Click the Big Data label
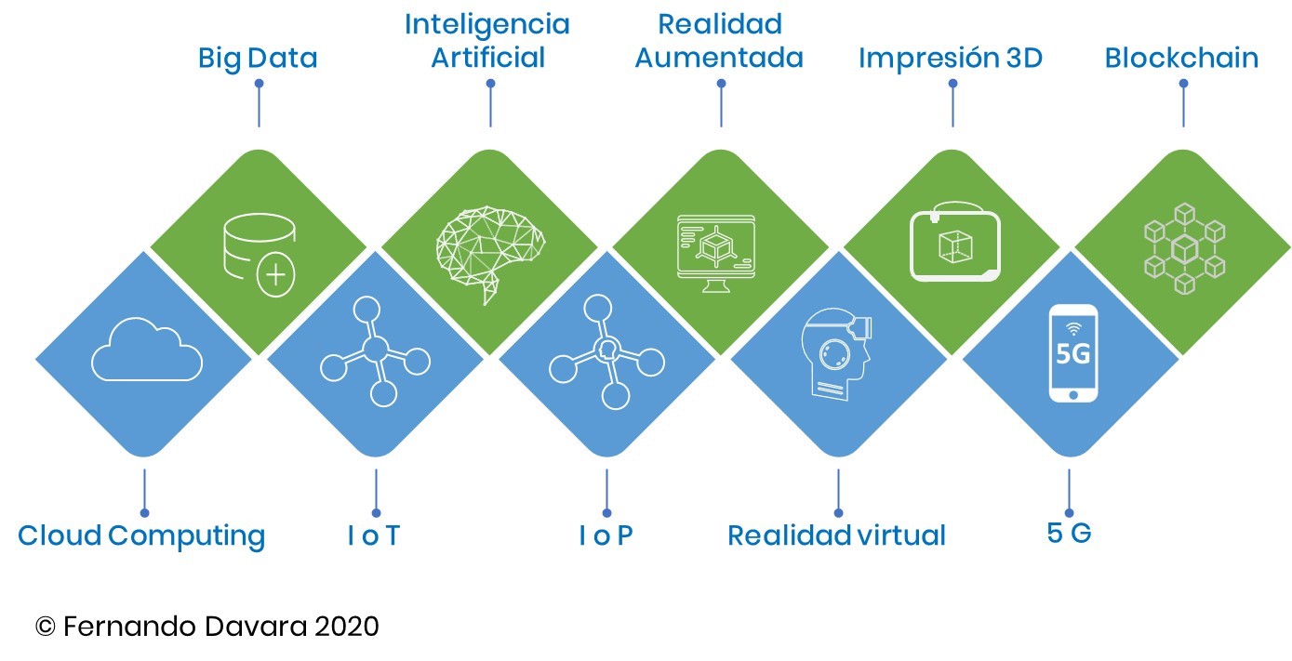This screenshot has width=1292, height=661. click(x=258, y=59)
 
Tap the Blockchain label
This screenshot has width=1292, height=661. click(x=1181, y=59)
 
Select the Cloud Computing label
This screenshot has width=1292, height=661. click(x=141, y=535)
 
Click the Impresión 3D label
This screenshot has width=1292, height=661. click(x=950, y=59)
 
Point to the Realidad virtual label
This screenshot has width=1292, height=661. click(x=836, y=535)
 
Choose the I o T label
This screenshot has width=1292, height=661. click(x=373, y=535)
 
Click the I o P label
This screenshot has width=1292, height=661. click(x=606, y=535)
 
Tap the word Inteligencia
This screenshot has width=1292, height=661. click(x=486, y=24)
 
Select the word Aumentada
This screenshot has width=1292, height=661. click(x=718, y=59)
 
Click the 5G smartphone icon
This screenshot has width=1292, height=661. click(x=1072, y=354)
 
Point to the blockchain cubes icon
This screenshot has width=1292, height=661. click(x=1183, y=248)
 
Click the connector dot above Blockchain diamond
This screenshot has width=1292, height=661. click(x=1183, y=83)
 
